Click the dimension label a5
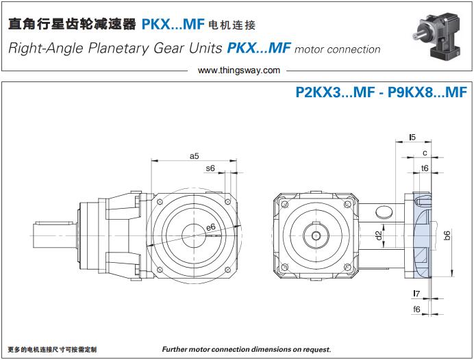pos(194,156)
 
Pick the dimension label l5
pos(412,138)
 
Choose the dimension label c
pos(425,153)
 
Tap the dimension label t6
pos(425,167)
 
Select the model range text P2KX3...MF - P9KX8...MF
pos(381,92)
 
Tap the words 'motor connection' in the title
pos(338,49)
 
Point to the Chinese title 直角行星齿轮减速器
pos(71,25)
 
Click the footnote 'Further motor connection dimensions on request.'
pos(247,350)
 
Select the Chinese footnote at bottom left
pos(52,350)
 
